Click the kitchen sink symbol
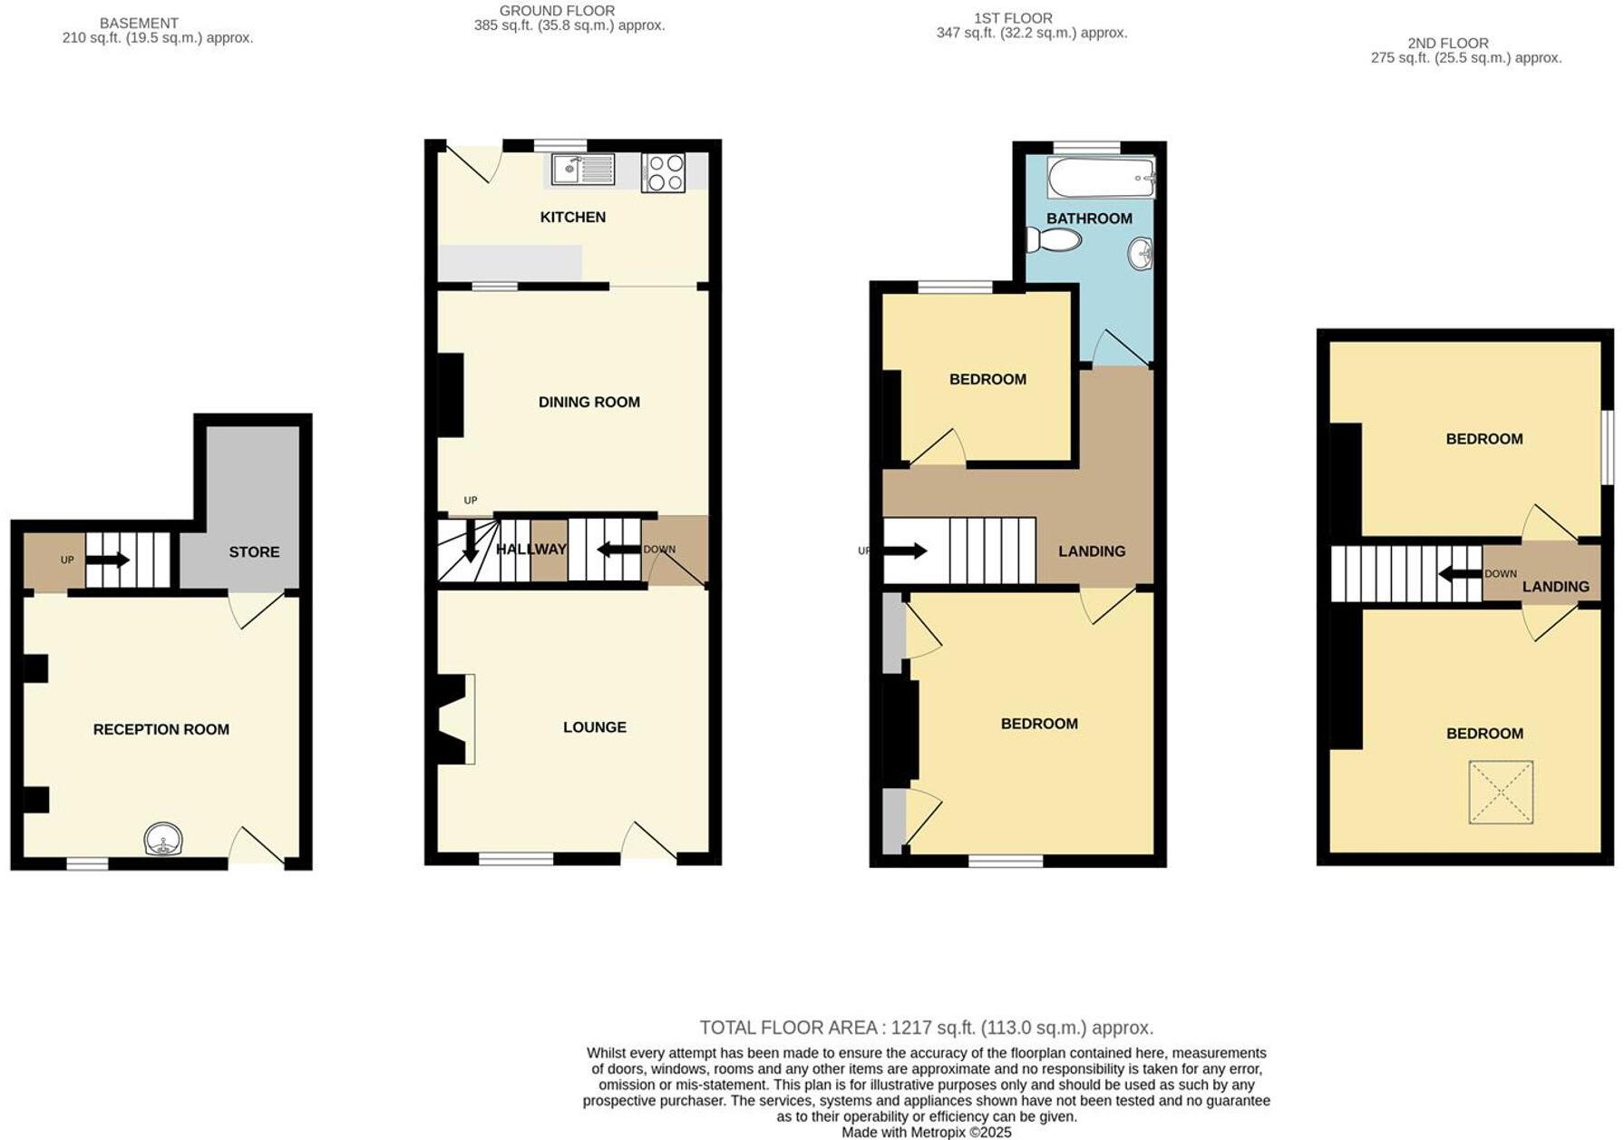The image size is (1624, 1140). [x=582, y=170]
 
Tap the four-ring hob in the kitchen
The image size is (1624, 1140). [x=663, y=172]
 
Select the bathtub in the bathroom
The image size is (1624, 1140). [x=1101, y=178]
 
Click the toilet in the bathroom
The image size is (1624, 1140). [x=1054, y=240]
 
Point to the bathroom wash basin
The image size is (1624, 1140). [x=1141, y=253]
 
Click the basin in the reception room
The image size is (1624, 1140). [x=163, y=840]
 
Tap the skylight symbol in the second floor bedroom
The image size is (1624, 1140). [x=1501, y=792]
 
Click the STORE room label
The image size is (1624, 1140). [x=254, y=551]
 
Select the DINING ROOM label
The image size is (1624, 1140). [x=588, y=402]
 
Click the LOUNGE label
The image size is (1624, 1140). [x=594, y=726]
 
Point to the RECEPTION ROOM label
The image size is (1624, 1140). [x=160, y=729]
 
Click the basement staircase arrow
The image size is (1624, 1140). [x=108, y=560]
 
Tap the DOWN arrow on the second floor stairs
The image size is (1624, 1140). [x=1460, y=574]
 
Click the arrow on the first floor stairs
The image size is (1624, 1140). [x=905, y=551]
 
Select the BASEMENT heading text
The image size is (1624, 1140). [x=139, y=23]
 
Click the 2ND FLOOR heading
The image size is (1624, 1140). [x=1447, y=43]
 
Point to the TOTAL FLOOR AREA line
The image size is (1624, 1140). [x=926, y=1028]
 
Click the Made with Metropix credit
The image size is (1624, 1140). [x=926, y=1132]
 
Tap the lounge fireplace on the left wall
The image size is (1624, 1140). [x=453, y=719]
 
